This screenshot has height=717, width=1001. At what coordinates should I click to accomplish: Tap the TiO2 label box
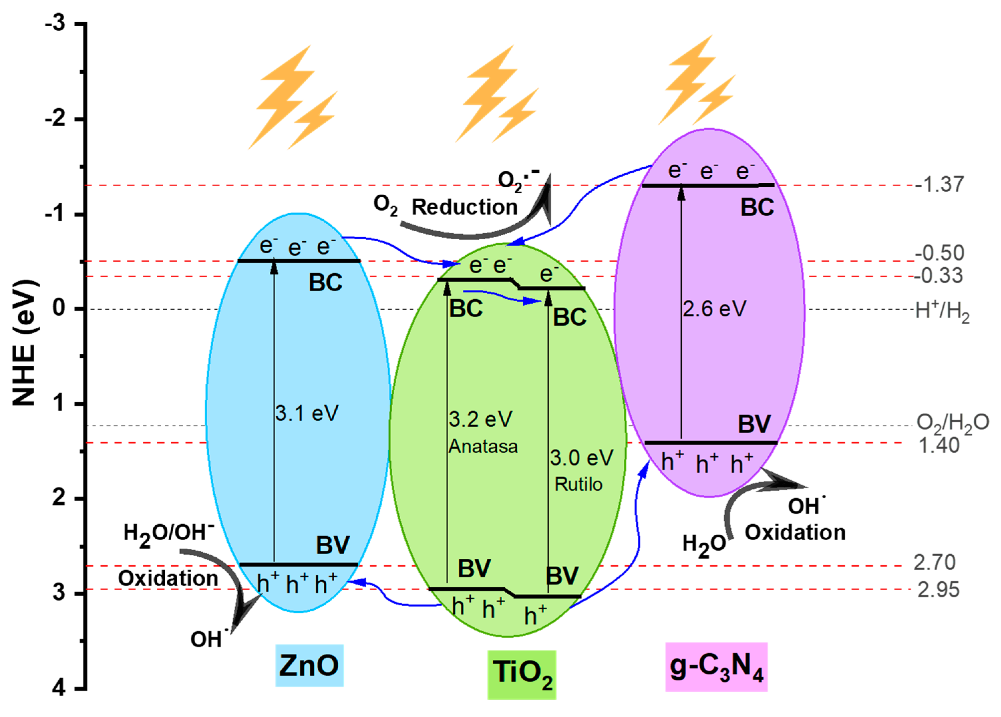521,674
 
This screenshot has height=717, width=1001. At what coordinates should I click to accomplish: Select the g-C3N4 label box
716,667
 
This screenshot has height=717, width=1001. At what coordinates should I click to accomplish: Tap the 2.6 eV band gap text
714,309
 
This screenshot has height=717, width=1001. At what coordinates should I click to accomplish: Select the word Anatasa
483,447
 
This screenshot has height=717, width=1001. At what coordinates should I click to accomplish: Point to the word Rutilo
578,484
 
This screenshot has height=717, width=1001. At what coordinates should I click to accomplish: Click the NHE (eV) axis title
24,342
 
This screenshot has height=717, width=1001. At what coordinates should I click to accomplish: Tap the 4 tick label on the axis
59,688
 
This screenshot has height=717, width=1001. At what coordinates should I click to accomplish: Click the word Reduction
464,207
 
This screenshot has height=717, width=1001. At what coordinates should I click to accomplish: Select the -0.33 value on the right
938,276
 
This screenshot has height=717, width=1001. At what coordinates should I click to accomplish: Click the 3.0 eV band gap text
581,458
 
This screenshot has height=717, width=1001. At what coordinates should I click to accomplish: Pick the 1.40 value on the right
938,446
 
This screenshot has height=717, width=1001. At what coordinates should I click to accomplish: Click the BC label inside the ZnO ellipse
325,282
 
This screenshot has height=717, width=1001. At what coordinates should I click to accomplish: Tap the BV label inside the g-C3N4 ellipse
754,424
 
